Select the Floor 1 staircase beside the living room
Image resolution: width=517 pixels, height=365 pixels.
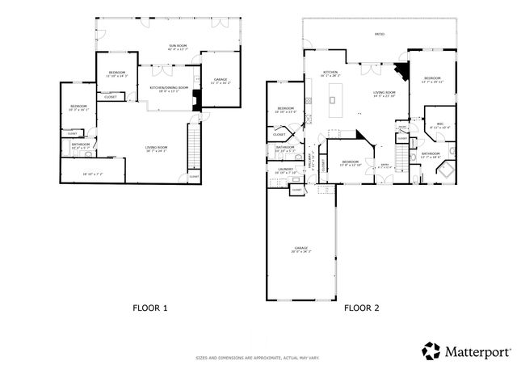coord(193,145)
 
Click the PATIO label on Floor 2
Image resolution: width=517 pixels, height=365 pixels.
coord(379,35)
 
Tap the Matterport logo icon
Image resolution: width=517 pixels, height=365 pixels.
coord(431,350)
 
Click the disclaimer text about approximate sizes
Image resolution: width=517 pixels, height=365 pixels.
coord(258,356)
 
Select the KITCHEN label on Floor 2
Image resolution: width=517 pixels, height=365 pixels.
coord(330,73)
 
